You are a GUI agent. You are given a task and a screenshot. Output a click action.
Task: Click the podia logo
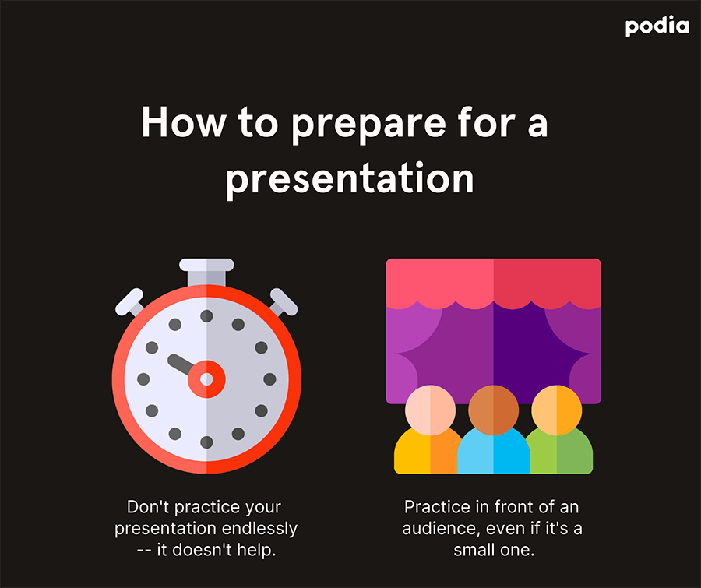pos(657,26)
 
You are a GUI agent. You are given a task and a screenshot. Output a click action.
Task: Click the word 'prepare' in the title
pos(369,125)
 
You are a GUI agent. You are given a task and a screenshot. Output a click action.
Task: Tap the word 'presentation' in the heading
pos(350,179)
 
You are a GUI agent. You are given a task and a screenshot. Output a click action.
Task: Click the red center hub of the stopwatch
pos(206,379)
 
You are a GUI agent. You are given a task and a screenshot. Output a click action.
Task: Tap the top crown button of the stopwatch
pos(206,271)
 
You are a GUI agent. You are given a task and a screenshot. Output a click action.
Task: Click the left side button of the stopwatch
pos(130,302)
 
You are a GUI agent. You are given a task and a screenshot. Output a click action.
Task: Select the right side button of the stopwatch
pos(283,302)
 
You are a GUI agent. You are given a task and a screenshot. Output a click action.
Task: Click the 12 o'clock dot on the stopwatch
pos(206,316)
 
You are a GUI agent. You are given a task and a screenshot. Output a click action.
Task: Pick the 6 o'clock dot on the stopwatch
pos(206,442)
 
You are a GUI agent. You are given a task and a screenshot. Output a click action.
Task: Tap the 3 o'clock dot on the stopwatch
pos(269,379)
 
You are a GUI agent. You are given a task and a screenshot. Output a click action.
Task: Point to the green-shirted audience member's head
pos(557,410)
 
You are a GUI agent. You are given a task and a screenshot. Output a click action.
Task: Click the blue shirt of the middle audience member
pos(494,452)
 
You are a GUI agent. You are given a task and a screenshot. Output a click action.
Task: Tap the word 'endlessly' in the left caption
pos(259,529)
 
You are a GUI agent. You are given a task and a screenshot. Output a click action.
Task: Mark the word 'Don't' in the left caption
pos(148,507)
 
